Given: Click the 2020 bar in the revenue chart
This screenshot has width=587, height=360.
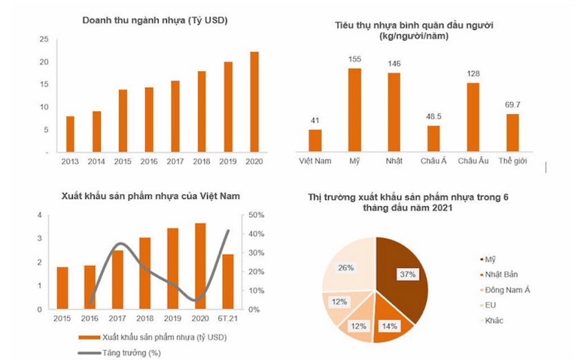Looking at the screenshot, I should click(254, 102).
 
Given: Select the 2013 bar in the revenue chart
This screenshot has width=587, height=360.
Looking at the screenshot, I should click(70, 134).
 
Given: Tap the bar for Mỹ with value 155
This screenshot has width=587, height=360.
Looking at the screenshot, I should click(354, 109).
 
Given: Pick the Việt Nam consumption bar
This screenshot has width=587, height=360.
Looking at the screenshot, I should click(315, 140).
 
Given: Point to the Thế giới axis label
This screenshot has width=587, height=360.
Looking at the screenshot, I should click(512, 161).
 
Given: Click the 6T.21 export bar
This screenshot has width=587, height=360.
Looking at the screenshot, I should click(228, 281).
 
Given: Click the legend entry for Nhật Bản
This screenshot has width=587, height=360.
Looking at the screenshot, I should click(501, 274).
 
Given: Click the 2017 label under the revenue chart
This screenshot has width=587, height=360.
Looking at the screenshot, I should click(175, 161).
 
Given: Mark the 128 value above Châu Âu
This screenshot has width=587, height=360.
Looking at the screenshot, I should click(473, 74).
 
